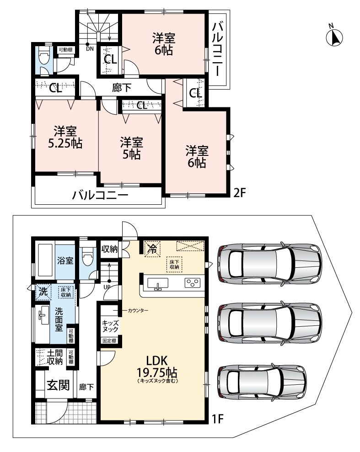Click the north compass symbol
pos(334,37)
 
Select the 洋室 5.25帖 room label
pos(65,137)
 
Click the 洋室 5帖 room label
pos(131,149)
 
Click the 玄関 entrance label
pos(59,385)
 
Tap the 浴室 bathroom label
pos(65,261)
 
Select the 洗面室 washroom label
pos(59,319)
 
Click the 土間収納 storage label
pos(55,357)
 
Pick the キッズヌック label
pos(110,326)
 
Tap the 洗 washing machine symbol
pos(43,292)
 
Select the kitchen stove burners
pos(193,282)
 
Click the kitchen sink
pos(158,283)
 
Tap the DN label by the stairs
pos(90,49)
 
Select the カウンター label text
pos(138,310)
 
